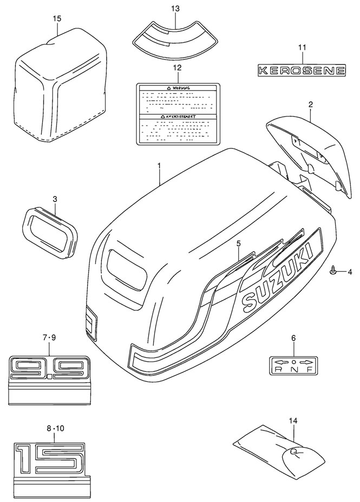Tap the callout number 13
point(174,9)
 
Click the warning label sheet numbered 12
point(178,113)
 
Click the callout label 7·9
point(49,338)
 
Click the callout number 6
point(293,338)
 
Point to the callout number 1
point(159,164)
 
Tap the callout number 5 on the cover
point(238,244)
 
